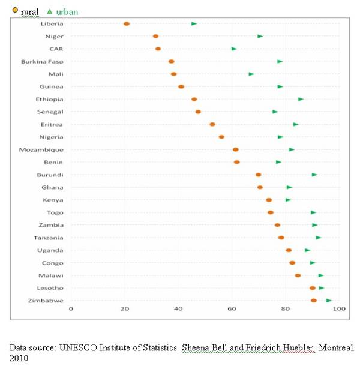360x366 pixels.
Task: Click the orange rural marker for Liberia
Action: click(x=127, y=24)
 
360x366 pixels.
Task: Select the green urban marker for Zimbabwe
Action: click(x=329, y=301)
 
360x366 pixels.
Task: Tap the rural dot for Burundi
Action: click(x=258, y=175)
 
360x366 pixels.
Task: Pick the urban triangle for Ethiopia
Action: click(x=301, y=99)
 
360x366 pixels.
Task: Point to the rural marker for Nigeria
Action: click(x=221, y=137)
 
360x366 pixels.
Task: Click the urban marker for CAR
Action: click(x=234, y=49)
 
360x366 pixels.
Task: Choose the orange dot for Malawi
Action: click(x=298, y=275)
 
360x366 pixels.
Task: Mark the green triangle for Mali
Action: click(x=251, y=74)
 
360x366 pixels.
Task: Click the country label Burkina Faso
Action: click(x=42, y=61)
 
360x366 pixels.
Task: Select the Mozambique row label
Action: click(x=41, y=149)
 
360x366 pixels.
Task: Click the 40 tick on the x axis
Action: click(x=178, y=309)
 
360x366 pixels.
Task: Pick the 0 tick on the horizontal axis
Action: click(x=71, y=309)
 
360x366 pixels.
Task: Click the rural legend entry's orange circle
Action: click(x=15, y=10)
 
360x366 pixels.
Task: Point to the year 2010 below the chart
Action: click(x=19, y=358)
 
